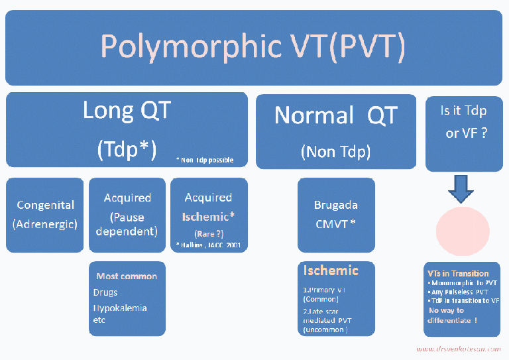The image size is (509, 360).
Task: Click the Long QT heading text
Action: (x=127, y=111)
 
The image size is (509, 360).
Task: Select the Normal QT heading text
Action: (x=335, y=115)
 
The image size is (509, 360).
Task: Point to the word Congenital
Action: (x=46, y=206)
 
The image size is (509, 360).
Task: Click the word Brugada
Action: (x=335, y=206)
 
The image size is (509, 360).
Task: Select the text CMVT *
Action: (x=335, y=223)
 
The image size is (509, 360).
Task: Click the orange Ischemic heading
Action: (x=331, y=270)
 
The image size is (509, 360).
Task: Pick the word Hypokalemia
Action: (x=120, y=308)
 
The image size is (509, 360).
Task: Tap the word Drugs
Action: (x=106, y=292)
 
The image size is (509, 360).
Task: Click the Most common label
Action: (x=127, y=276)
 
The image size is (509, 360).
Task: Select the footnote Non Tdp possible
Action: (x=204, y=160)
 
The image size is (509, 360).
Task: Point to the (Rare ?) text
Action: (x=209, y=233)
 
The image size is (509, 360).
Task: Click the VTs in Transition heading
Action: (x=459, y=273)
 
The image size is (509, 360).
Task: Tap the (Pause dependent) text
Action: (x=127, y=224)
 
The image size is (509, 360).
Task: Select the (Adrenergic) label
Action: (x=45, y=223)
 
